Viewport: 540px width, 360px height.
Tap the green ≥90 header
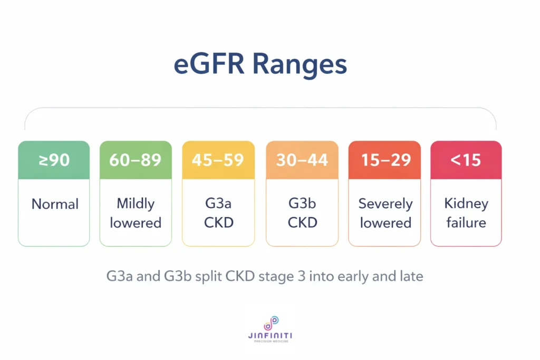point(54,160)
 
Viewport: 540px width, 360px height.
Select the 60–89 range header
point(136,160)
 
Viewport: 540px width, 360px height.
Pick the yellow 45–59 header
point(218,160)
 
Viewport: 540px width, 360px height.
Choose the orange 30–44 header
point(302,160)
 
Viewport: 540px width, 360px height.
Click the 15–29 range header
point(384,160)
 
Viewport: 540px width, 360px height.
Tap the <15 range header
point(466,160)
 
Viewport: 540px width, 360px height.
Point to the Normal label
point(54,205)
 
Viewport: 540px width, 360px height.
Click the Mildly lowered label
point(136,213)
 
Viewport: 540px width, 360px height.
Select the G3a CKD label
point(218,213)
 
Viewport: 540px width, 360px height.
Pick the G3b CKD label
point(302,213)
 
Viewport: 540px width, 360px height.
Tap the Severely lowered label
point(385,213)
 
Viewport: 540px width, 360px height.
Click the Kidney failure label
point(466,213)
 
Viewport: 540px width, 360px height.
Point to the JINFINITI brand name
point(270,335)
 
